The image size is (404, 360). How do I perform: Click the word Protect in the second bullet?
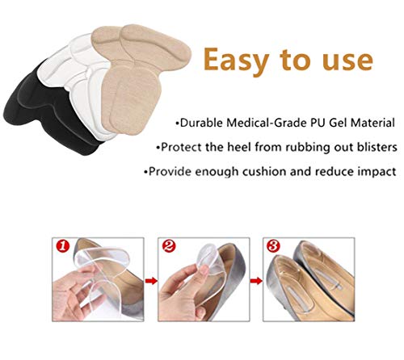point(181,147)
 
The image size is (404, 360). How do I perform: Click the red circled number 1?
point(62,246)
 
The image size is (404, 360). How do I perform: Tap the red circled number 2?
point(169,246)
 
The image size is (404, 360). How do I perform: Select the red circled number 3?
point(273,246)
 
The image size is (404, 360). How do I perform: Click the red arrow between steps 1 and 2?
point(151,281)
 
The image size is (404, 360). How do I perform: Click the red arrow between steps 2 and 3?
point(256,281)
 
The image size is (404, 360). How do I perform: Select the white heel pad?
point(81,81)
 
